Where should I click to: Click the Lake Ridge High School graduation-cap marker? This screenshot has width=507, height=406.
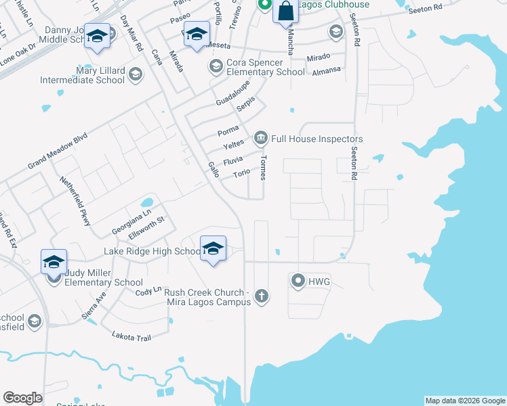tap(213, 249)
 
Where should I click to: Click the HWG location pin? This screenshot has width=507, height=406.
tap(297, 279)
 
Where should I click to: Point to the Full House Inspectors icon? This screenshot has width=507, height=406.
tap(260, 139)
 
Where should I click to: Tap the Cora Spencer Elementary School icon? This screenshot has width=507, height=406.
tap(216, 66)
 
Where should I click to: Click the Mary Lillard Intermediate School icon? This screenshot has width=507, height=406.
tap(135, 74)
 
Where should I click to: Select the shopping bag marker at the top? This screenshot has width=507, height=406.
tap(285, 12)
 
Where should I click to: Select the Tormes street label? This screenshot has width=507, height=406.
tap(263, 166)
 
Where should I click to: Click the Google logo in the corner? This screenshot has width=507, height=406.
tap(23, 398)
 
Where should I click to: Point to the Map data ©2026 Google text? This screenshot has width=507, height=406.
tap(465, 401)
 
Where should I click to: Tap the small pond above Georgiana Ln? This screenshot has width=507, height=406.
tap(147, 202)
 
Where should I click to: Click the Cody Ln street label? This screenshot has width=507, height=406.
tap(148, 291)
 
